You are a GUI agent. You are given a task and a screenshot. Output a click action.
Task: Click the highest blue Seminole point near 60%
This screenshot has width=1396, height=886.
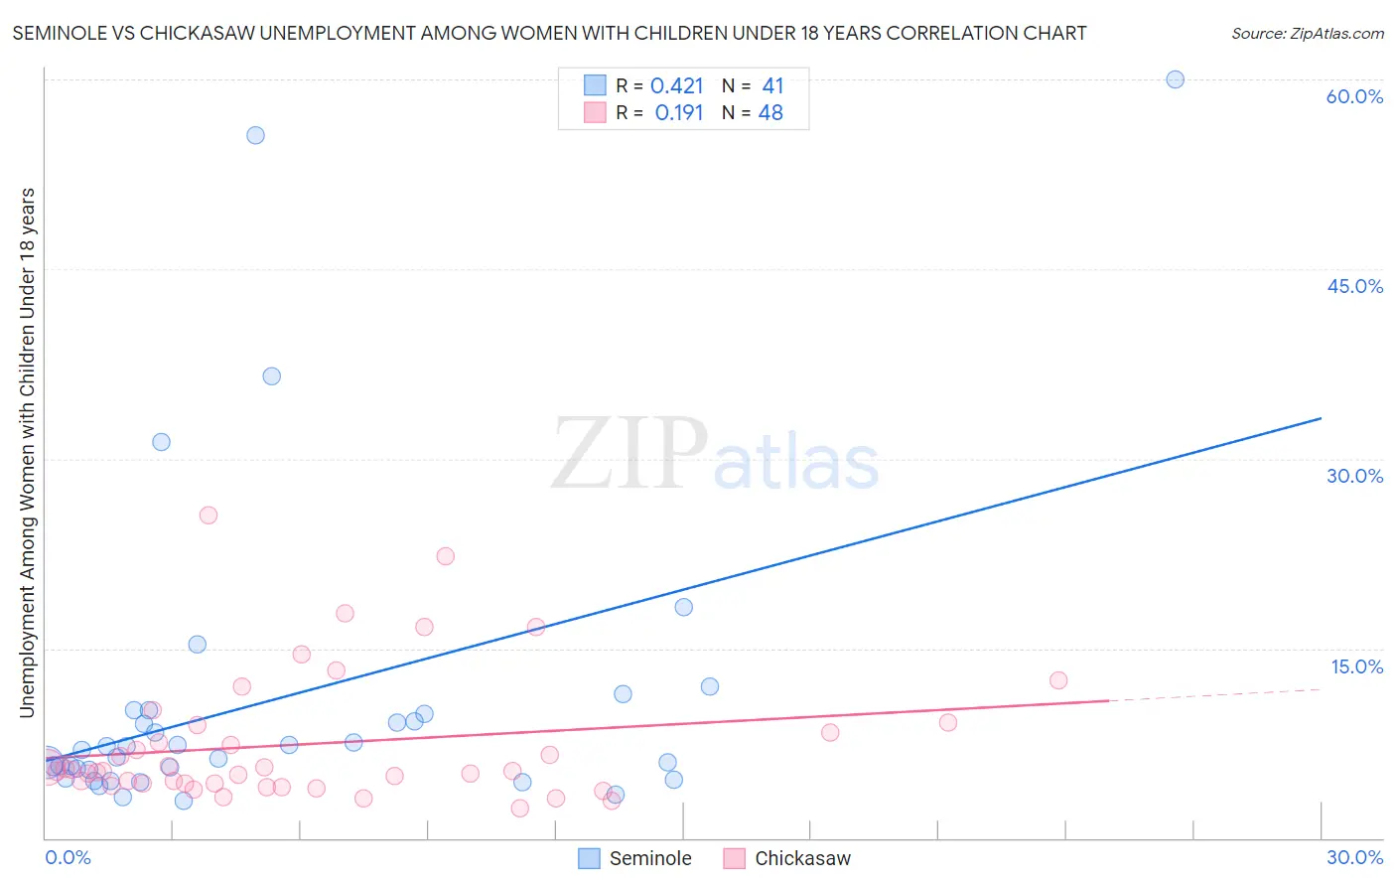click(1175, 79)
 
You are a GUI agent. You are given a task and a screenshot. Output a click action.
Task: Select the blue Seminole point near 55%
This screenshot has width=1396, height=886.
click(255, 135)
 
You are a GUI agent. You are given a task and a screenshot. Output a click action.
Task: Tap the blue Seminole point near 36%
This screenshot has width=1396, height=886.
click(271, 376)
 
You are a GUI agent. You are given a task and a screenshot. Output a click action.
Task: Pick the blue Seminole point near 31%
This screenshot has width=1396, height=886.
click(161, 442)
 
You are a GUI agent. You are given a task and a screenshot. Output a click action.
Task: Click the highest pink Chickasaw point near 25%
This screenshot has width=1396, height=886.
click(209, 516)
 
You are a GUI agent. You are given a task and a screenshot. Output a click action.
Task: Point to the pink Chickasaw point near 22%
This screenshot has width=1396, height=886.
click(445, 556)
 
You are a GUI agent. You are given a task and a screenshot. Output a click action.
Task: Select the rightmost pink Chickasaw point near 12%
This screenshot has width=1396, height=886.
click(1057, 680)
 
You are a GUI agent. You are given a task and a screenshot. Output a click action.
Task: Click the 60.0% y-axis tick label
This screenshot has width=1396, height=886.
click(1354, 96)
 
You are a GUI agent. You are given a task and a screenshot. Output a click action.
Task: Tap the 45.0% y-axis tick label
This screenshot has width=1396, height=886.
click(1354, 286)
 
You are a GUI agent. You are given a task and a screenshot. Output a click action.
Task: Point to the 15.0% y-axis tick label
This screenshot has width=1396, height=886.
click(1356, 666)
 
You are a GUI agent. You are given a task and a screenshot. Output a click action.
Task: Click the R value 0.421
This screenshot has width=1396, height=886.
click(676, 86)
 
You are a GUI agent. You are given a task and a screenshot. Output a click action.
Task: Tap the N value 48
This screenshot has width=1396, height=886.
click(770, 113)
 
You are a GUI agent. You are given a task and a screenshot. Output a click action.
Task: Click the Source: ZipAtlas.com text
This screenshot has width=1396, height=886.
click(1307, 34)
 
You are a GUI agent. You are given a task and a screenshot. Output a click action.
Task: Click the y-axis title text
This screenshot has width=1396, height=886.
click(28, 452)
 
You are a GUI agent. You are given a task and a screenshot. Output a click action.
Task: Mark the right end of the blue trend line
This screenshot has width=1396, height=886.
click(1321, 418)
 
